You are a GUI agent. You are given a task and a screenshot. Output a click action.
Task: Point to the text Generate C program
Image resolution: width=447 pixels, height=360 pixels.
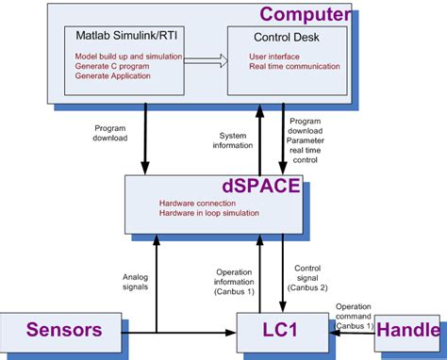click(112, 66)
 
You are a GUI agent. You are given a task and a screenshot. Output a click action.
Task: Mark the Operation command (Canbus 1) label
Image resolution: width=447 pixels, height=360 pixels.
click(355, 315)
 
